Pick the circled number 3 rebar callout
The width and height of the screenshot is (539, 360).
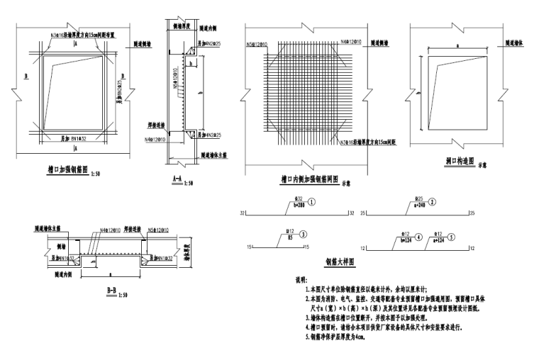(x=304, y=234)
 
